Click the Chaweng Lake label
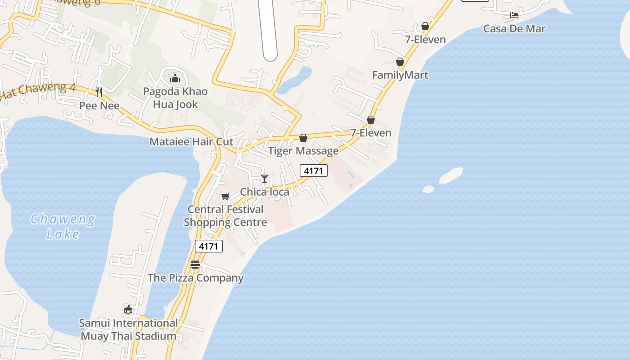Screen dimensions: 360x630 point(63,226)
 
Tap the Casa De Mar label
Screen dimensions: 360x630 point(514,29)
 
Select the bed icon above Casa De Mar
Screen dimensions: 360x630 point(514,15)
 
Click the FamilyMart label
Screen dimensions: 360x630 point(400,75)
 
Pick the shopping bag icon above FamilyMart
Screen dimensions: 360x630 point(400,62)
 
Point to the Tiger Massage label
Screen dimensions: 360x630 point(303,151)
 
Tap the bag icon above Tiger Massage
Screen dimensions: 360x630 point(303,138)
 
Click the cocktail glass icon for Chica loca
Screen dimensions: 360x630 point(265,179)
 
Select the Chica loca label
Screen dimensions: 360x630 point(265,192)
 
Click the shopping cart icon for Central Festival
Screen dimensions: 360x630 point(225,196)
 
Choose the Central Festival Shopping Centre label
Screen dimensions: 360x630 point(225,216)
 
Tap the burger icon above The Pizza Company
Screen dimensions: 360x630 point(195,265)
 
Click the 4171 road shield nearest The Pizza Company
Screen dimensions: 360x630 point(209,246)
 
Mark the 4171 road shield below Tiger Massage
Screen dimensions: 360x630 point(314,171)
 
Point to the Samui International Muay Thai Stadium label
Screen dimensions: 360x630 point(128,329)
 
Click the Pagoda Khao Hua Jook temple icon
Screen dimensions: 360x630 point(175,79)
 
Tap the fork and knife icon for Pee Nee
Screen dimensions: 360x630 point(99,92)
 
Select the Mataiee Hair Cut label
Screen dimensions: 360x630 point(191,142)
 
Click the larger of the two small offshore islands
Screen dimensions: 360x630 point(451,175)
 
